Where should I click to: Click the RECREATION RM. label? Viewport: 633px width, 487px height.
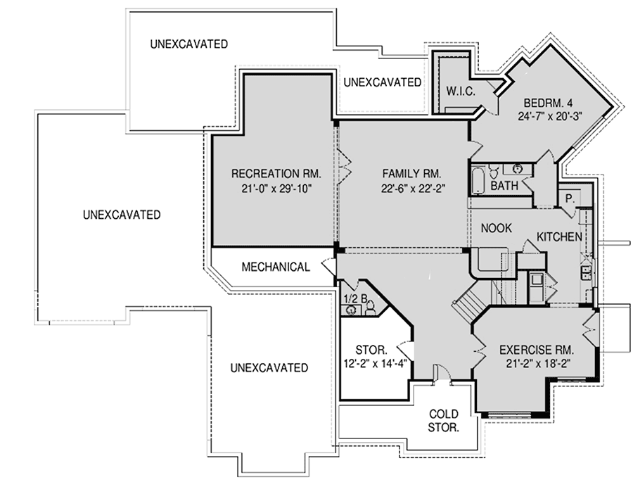click(276, 173)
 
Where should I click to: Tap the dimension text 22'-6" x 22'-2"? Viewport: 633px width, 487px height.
click(411, 188)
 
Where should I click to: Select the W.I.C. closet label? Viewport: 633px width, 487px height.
click(462, 91)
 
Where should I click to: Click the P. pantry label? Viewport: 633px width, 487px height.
click(568, 199)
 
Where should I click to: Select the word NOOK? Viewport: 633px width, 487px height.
click(496, 228)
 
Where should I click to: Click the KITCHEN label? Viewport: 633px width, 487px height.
click(558, 236)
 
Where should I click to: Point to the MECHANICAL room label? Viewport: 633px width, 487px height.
click(276, 267)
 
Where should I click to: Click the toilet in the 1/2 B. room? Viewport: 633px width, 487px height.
click(371, 306)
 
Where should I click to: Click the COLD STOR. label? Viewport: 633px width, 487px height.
click(444, 420)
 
